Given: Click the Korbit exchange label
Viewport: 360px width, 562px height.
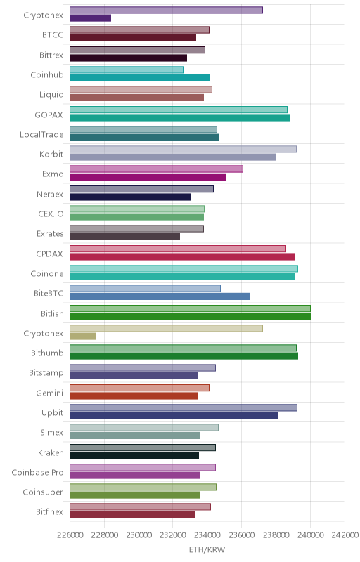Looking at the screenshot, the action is (51, 154).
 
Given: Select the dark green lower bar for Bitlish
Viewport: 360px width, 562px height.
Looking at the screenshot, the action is (190, 317).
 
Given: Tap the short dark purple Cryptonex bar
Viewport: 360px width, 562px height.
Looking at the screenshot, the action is (91, 18).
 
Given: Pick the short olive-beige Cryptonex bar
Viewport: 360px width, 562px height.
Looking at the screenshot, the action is (83, 336).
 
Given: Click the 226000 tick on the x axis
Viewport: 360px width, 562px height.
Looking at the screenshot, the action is (70, 535).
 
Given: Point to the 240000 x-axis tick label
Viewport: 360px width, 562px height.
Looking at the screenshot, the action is (311, 535).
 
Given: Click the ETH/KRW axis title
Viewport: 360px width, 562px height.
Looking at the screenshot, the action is (207, 549).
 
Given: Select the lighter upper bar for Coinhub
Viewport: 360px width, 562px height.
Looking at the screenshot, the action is (127, 70).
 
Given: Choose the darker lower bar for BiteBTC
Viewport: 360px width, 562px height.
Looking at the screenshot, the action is (160, 296).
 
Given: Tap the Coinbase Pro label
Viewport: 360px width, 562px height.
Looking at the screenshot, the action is (37, 472).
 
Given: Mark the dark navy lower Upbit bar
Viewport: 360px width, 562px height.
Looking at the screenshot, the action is (174, 416).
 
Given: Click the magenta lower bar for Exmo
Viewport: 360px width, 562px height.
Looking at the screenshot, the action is (148, 177).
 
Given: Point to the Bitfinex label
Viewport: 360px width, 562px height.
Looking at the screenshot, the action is (49, 512).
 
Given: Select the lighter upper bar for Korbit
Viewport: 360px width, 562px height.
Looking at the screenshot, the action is (184, 149).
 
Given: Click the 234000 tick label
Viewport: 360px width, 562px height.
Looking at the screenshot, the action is (207, 535).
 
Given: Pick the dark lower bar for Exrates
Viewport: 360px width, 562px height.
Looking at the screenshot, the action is (124, 237).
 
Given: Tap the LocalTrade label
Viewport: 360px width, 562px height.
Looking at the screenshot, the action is (41, 134).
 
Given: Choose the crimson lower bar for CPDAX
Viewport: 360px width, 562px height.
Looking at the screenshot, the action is (183, 256).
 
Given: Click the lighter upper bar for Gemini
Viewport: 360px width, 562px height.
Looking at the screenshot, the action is (139, 388).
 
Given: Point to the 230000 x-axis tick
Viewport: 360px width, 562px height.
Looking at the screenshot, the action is (139, 535).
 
